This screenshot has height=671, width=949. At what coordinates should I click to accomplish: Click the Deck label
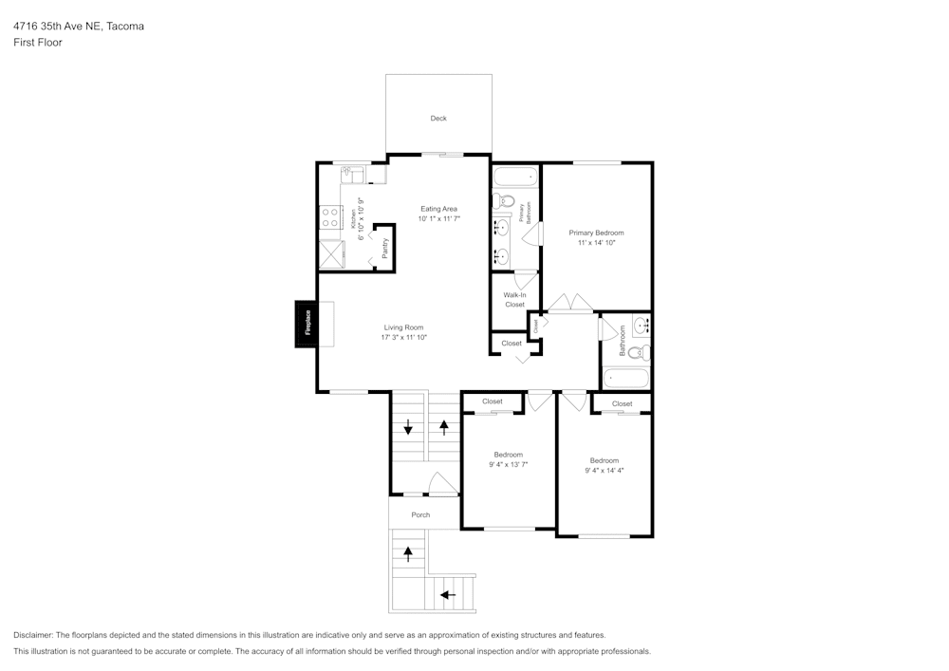tap(437, 119)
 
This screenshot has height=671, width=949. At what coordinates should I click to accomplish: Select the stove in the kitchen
tap(330, 217)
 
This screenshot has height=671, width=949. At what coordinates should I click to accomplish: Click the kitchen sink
tap(353, 174)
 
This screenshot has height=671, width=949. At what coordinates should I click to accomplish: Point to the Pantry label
tap(384, 249)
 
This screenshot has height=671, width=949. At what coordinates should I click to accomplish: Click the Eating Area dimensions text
tap(438, 219)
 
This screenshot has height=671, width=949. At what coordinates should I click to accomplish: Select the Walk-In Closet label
tap(514, 300)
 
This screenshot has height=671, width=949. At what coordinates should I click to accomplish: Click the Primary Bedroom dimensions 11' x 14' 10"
tap(596, 243)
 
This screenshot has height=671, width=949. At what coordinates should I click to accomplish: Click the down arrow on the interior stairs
tap(408, 428)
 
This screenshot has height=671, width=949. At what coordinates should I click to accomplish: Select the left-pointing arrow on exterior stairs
tap(448, 595)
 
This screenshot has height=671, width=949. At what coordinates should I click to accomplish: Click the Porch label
tap(420, 514)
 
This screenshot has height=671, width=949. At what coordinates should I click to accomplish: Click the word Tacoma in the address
tap(125, 27)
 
